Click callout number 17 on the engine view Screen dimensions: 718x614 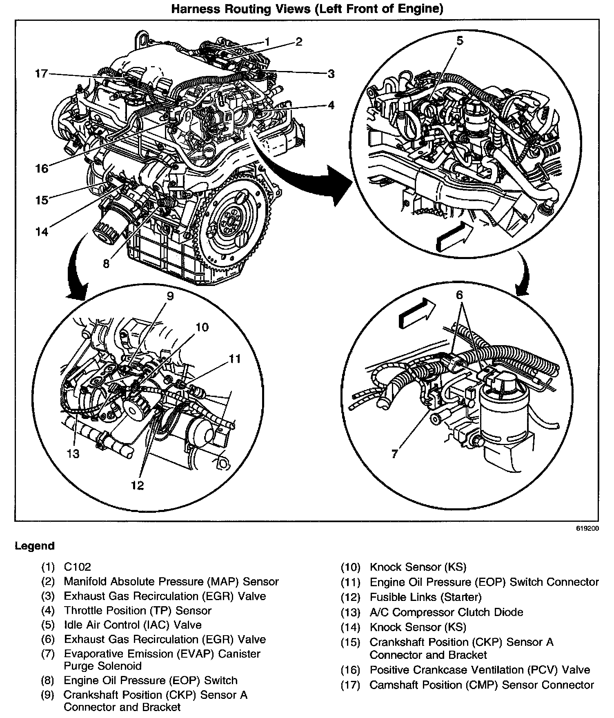coord(41,74)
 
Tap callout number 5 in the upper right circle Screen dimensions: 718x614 coord(460,41)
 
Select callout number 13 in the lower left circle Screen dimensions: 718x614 coord(73,453)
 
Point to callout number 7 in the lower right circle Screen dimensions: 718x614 coord(394,454)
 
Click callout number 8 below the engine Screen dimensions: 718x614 coord(106,264)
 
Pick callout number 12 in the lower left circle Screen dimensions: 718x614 coord(138,485)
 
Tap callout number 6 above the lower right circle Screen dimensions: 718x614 coord(460,295)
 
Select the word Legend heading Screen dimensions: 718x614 coord(34,546)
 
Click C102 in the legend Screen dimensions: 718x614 coord(77,567)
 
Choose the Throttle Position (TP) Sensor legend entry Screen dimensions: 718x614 coord(138,611)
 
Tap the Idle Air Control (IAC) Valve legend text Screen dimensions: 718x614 coord(133,625)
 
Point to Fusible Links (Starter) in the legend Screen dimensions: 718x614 coord(425,597)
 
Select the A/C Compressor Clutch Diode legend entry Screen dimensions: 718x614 coord(446,612)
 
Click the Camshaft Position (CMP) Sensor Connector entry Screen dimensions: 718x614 coord(481,685)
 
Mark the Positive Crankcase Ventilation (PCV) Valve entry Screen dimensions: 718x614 coord(480,670)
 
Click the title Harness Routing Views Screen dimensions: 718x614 coord(307,9)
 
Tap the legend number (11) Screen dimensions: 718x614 coord(351,583)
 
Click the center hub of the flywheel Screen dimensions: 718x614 coord(229,222)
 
